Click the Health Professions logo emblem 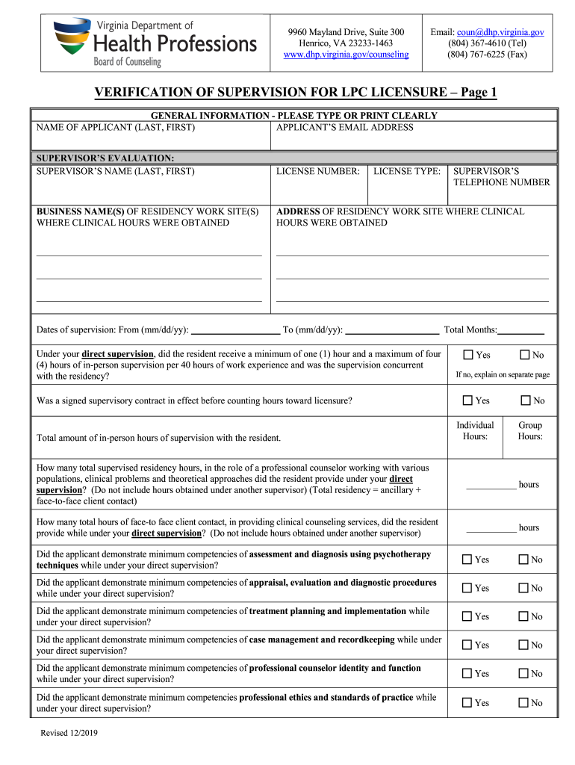coord(72,41)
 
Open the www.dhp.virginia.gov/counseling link coord(346,55)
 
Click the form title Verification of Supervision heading coord(295,93)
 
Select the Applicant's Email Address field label coord(344,128)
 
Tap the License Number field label coord(318,172)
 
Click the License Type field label coord(407,172)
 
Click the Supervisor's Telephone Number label coord(501,177)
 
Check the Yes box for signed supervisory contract coord(467,401)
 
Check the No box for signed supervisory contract coord(524,401)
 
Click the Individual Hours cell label coord(475,431)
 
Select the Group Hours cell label coord(530,431)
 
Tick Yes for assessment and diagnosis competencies coord(467,560)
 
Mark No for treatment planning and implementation coord(524,616)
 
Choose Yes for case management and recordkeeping coord(467,645)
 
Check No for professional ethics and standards coord(524,703)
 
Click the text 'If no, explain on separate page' coord(503,374)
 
